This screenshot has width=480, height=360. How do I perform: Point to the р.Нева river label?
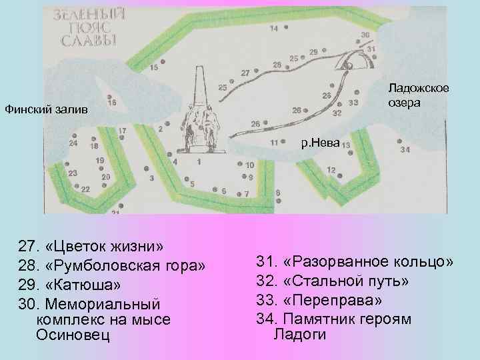[319, 142]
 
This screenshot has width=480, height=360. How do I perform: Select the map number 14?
[274, 29]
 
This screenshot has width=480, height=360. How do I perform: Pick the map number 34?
[405, 150]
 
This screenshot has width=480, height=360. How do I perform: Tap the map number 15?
[154, 68]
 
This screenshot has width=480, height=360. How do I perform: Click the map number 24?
[73, 143]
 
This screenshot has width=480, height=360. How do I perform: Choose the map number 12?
[331, 170]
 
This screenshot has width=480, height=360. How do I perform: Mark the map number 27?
[245, 72]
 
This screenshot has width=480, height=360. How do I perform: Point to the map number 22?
[85, 189]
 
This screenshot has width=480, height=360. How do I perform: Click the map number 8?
[277, 192]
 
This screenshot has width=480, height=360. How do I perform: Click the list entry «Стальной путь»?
[345, 281]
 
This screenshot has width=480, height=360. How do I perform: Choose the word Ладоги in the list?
[300, 334]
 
